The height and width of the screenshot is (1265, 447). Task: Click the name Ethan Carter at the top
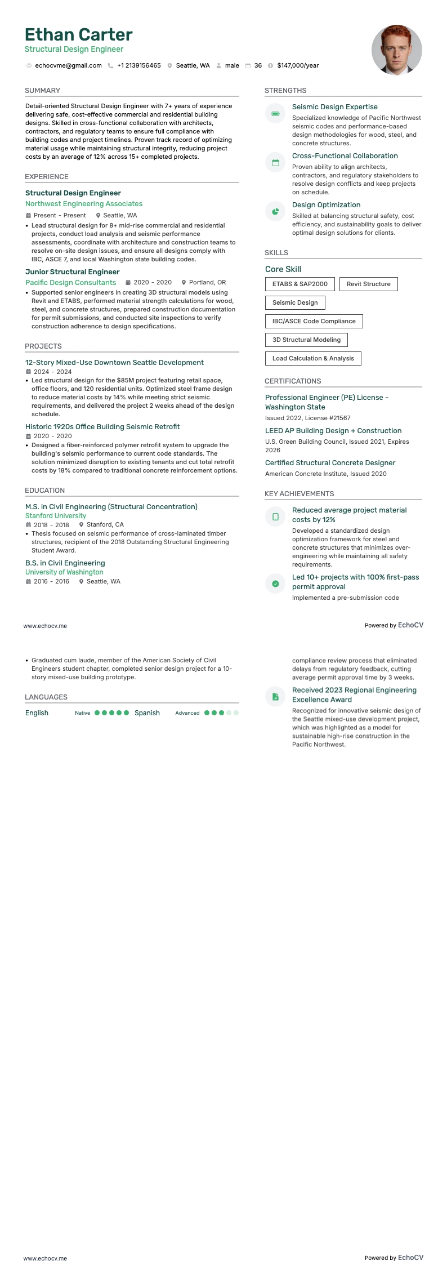pyautogui.click(x=78, y=35)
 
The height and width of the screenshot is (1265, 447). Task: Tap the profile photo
pyautogui.click(x=396, y=50)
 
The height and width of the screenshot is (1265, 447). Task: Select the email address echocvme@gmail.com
pyautogui.click(x=68, y=66)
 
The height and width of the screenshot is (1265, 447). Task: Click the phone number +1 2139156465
pyautogui.click(x=138, y=66)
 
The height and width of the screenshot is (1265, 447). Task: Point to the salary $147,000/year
pyautogui.click(x=298, y=66)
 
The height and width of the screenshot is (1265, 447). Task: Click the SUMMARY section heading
pyautogui.click(x=42, y=91)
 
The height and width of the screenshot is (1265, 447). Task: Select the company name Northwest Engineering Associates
pyautogui.click(x=84, y=204)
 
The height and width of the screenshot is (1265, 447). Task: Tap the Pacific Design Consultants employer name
pyautogui.click(x=70, y=283)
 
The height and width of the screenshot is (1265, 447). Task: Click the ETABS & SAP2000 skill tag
pyautogui.click(x=300, y=284)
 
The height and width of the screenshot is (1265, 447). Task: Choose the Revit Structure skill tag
pyautogui.click(x=368, y=284)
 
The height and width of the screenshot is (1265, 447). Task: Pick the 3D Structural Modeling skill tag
pyautogui.click(x=306, y=340)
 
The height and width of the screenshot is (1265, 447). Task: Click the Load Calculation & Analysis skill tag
pyautogui.click(x=313, y=359)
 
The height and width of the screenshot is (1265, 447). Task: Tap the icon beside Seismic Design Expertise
pyautogui.click(x=275, y=114)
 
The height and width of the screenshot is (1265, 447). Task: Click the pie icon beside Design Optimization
pyautogui.click(x=275, y=212)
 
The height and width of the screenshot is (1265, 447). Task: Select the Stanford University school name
pyautogui.click(x=56, y=516)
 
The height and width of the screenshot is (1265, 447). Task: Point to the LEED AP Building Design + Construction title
pyautogui.click(x=333, y=431)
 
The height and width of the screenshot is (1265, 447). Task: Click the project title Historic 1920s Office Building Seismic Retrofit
pyautogui.click(x=102, y=427)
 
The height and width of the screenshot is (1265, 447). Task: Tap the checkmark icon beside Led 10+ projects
pyautogui.click(x=275, y=584)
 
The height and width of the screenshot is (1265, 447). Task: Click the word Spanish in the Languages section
pyautogui.click(x=147, y=713)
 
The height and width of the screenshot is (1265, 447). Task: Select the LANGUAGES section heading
pyautogui.click(x=46, y=697)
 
